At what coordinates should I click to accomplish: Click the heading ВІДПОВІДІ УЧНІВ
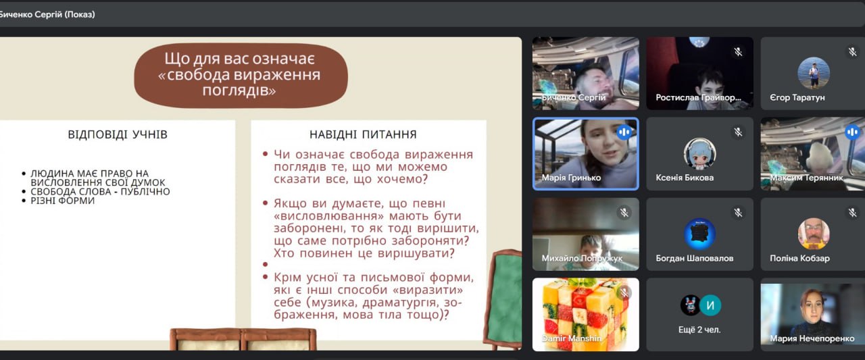click(118, 134)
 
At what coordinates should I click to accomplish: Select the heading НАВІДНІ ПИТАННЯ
click(363, 134)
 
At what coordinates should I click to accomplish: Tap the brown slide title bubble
click(241, 75)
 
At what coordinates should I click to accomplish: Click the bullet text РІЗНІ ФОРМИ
click(63, 201)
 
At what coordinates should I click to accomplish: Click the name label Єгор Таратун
click(797, 98)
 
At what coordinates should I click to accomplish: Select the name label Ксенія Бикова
click(685, 178)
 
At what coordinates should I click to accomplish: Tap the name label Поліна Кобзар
click(799, 258)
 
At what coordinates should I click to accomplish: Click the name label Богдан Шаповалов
click(694, 258)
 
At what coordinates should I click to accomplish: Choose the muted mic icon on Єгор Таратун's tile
click(852, 52)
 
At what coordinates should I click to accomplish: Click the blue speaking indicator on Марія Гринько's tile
click(624, 132)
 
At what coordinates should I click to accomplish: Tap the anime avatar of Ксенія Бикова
click(699, 153)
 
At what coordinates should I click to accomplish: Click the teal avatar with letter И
click(710, 305)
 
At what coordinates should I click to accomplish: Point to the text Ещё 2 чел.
click(699, 330)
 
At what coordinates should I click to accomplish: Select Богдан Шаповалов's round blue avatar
click(699, 234)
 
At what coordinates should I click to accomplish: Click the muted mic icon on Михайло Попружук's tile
click(624, 213)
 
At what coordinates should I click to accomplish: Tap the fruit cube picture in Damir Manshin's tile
click(585, 314)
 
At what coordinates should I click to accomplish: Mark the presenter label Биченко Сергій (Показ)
click(47, 15)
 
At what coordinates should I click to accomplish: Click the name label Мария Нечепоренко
click(812, 338)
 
